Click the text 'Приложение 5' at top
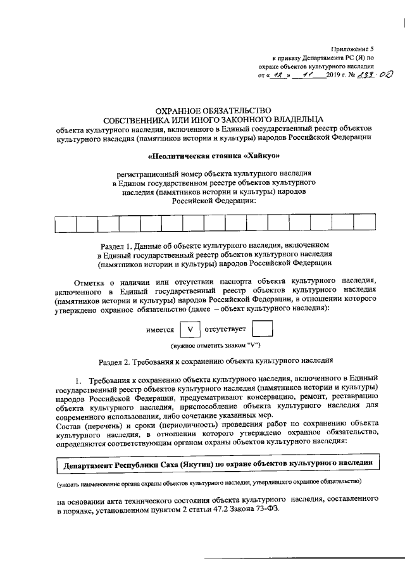[355, 48]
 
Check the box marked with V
[190, 331]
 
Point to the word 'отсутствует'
[225, 331]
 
